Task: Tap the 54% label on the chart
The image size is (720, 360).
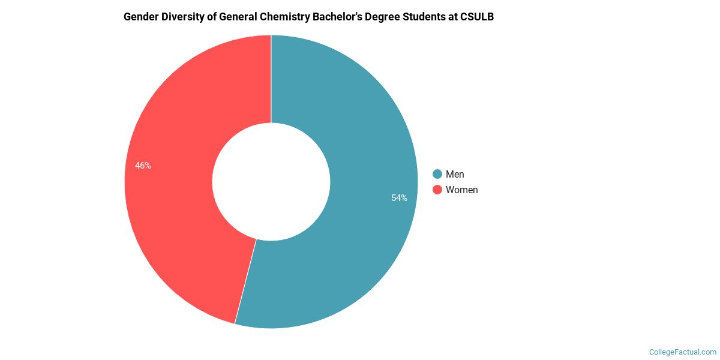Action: click(400, 198)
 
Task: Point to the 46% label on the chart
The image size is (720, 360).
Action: click(143, 166)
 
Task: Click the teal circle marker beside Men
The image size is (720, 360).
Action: click(437, 174)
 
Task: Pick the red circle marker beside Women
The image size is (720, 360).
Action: click(437, 190)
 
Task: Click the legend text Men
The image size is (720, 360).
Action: click(455, 174)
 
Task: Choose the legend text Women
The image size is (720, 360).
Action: click(462, 190)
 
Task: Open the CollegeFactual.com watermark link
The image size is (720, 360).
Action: click(683, 352)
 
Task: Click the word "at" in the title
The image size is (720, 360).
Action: click(455, 17)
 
